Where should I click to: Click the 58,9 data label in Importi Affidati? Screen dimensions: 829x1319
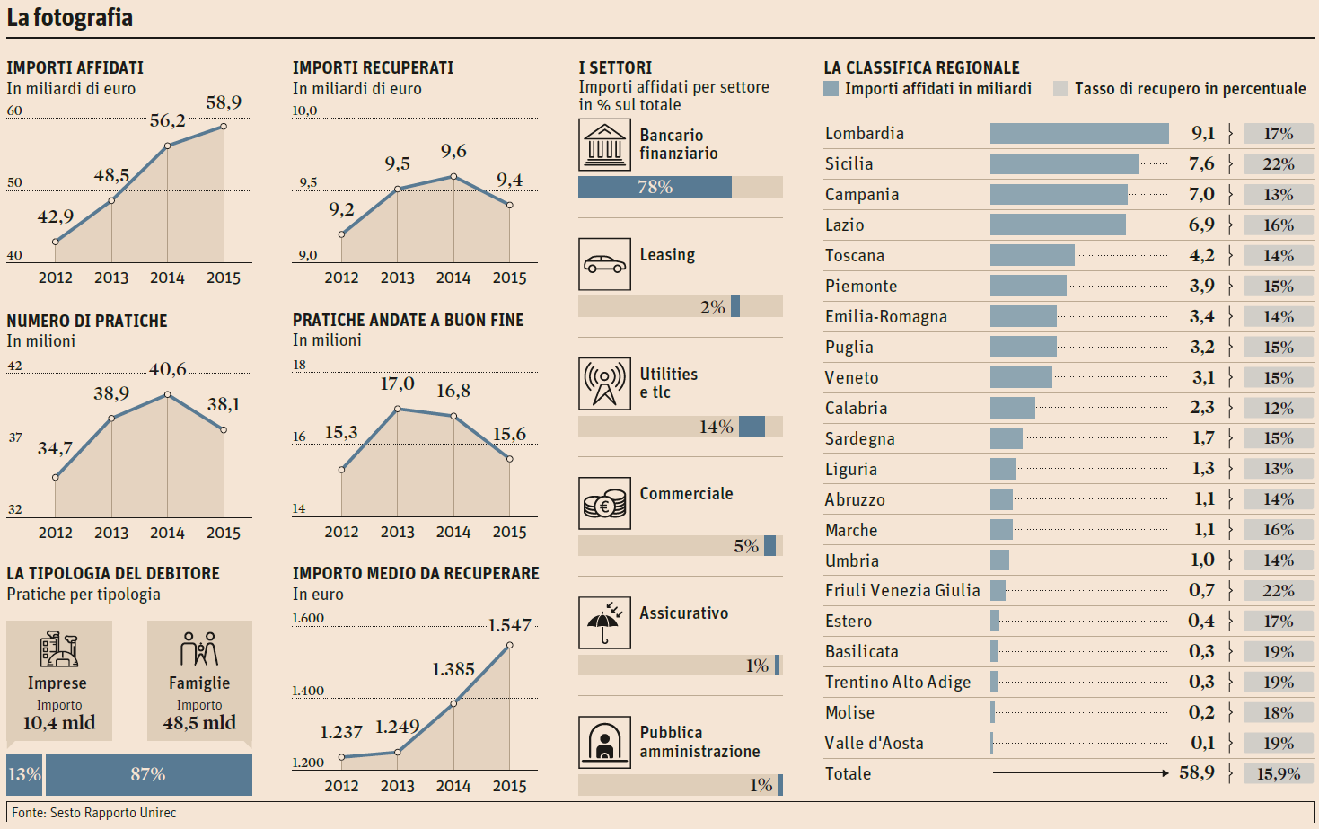[x=224, y=102]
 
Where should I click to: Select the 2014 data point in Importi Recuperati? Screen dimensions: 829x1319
[x=453, y=177]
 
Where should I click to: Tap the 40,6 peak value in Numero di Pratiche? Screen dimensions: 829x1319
[x=168, y=369]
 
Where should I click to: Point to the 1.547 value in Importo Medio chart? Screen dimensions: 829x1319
[x=509, y=625]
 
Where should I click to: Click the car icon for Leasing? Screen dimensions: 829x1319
[x=604, y=264]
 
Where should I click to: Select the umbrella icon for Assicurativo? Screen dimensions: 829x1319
[x=604, y=622]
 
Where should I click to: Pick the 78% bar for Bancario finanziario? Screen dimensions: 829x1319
[x=655, y=187]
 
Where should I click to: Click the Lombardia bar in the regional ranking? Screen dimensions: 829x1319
[x=1079, y=134]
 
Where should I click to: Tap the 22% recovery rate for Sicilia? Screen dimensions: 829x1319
[x=1278, y=164]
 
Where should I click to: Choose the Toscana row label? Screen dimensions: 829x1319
[x=855, y=256]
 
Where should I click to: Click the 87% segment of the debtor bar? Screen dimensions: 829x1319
[x=148, y=774]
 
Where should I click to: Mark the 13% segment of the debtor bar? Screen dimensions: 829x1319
[x=24, y=774]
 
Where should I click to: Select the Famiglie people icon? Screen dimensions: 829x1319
[x=199, y=648]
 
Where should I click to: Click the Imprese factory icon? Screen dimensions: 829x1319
[x=58, y=648]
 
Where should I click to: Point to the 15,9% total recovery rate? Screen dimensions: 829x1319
[x=1278, y=773]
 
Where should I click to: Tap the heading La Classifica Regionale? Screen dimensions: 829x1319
[x=921, y=67]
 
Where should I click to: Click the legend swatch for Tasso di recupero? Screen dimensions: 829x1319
[x=1060, y=89]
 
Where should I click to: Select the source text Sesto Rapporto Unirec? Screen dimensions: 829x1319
[x=113, y=813]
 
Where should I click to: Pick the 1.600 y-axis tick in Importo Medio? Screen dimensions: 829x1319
[x=308, y=618]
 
